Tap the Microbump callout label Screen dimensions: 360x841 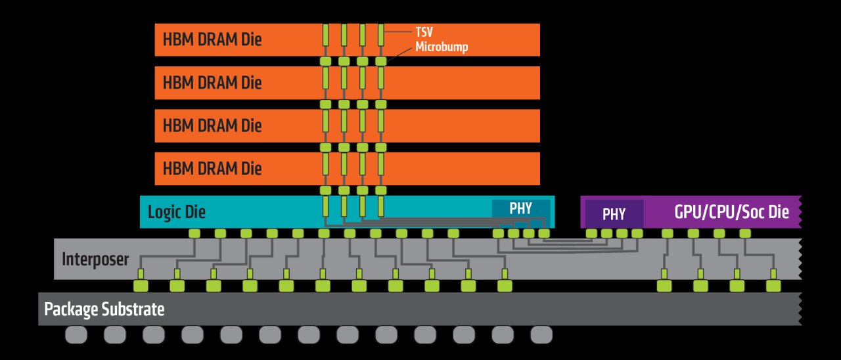(441, 48)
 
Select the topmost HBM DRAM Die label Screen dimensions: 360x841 (212, 39)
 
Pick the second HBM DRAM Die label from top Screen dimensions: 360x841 (212, 83)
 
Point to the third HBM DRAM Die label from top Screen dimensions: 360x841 (212, 125)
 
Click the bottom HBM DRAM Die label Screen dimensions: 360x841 (212, 168)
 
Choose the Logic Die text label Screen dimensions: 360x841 (177, 212)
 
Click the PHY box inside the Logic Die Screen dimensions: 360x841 (520, 208)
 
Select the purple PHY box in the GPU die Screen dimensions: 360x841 (614, 213)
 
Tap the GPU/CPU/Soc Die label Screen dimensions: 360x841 (731, 212)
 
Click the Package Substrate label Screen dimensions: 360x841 (104, 309)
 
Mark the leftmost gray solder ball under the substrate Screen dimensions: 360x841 (76, 335)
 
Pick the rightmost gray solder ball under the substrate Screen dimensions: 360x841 (541, 335)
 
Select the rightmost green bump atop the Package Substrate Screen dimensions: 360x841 (773, 286)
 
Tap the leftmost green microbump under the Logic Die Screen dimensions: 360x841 (194, 233)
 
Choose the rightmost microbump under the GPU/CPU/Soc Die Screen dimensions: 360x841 (744, 233)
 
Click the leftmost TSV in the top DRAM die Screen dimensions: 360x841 (325, 35)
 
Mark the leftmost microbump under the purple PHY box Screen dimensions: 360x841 (591, 233)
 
